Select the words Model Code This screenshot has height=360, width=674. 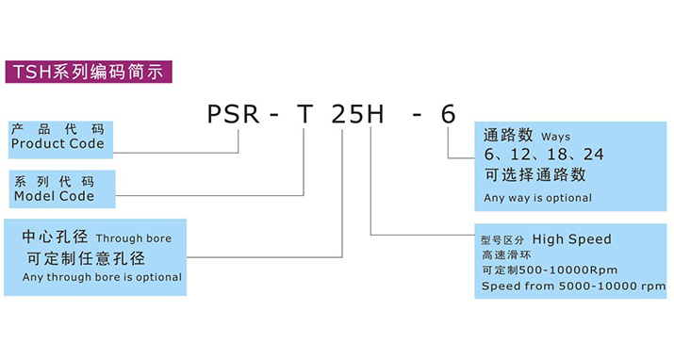coord(54,196)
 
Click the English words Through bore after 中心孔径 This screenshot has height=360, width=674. coord(134,239)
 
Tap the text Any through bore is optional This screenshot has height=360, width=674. coord(102,277)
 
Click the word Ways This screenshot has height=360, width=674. coord(556,137)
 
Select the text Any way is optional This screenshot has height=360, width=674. coord(537,198)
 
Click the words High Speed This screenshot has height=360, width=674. coord(572,239)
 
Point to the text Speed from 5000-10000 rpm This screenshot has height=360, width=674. coord(573,286)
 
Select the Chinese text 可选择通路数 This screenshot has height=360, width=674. coord(534,174)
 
